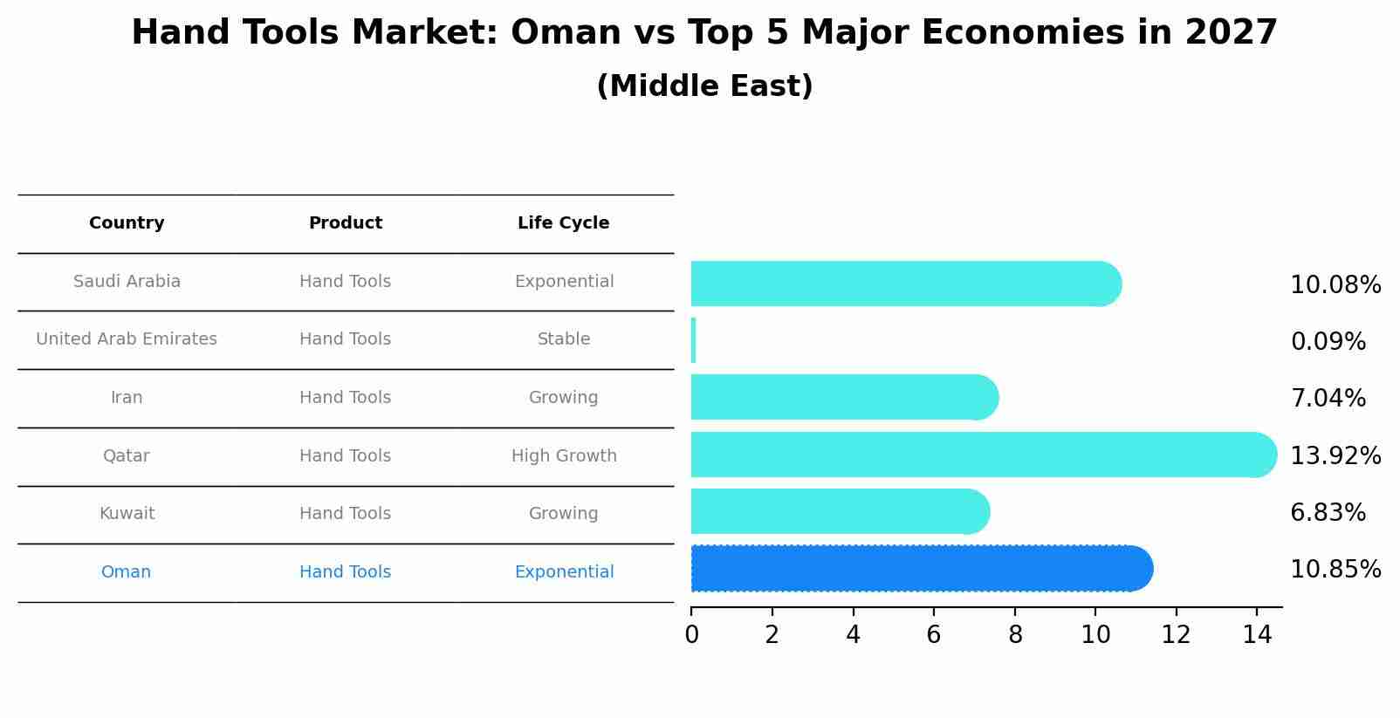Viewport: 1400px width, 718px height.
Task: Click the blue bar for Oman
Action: (x=922, y=568)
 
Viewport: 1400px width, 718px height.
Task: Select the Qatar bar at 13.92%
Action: (x=984, y=455)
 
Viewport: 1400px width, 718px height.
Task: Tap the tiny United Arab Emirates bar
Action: (x=694, y=340)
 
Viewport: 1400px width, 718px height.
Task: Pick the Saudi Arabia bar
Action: (x=906, y=284)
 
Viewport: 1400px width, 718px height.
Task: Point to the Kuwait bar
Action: (x=841, y=511)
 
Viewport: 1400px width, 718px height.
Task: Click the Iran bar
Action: (x=845, y=398)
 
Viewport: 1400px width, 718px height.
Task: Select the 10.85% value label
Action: (x=1335, y=570)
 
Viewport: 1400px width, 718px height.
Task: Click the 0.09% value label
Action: (x=1328, y=342)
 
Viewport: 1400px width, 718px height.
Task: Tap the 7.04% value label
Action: (x=1328, y=398)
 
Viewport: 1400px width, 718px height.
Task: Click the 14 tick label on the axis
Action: (x=1257, y=635)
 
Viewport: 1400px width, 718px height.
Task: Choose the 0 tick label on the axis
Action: (x=692, y=635)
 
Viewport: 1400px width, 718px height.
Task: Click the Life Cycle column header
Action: (x=563, y=223)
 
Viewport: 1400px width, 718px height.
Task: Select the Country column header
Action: (x=127, y=223)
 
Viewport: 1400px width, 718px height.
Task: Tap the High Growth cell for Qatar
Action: (x=564, y=455)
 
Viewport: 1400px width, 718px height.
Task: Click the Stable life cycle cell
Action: (x=564, y=338)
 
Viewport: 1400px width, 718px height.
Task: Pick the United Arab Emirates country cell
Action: (x=127, y=338)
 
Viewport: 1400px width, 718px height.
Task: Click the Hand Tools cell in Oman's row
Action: (x=345, y=571)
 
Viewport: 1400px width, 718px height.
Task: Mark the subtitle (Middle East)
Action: (x=705, y=85)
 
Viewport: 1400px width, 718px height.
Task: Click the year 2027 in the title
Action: (x=1232, y=32)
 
